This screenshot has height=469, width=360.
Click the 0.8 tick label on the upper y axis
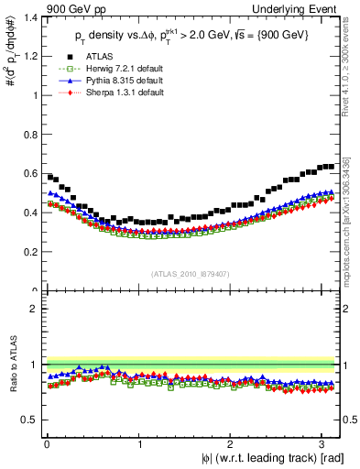(x=29, y=135)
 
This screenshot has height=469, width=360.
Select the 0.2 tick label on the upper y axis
(x=29, y=252)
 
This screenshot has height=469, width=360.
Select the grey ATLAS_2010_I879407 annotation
(x=191, y=274)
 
